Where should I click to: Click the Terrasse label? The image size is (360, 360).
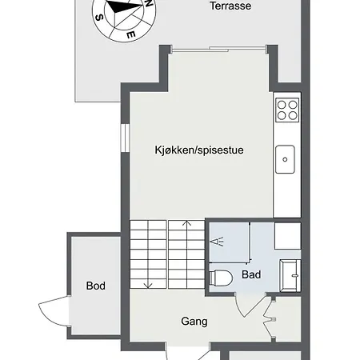(230, 6)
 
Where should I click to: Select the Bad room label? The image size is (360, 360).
(250, 274)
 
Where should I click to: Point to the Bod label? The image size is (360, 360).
(96, 286)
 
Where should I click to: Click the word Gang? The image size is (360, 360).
(194, 322)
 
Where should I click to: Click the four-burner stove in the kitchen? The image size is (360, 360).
(286, 110)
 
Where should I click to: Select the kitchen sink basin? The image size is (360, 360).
(286, 160)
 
